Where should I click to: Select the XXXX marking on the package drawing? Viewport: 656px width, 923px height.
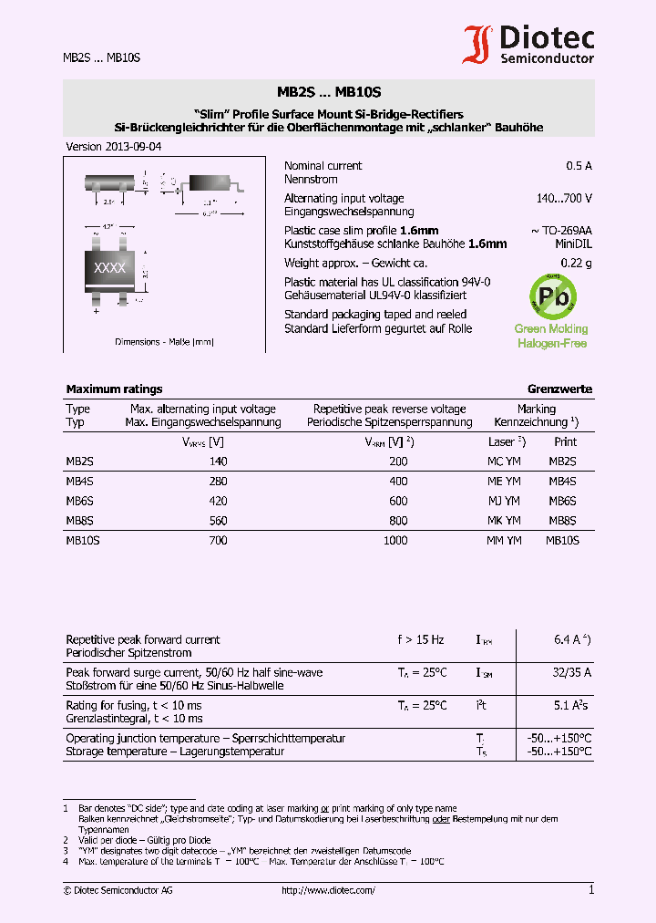[110, 268]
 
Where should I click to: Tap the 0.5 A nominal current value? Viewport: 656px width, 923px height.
[579, 166]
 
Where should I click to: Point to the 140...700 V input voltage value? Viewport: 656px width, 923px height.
[564, 198]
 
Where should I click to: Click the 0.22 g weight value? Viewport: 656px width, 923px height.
[576, 264]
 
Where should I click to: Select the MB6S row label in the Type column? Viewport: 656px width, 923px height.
[79, 501]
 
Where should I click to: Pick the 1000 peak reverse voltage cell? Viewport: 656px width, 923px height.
[395, 540]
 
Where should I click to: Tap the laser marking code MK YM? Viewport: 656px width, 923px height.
[504, 521]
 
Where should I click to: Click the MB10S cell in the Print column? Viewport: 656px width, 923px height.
[562, 540]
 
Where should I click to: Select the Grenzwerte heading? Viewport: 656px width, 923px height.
[559, 389]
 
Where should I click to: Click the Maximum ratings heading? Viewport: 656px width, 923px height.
[114, 389]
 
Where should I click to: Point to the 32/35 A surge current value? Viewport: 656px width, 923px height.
[571, 672]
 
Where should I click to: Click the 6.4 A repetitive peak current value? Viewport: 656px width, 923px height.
[571, 639]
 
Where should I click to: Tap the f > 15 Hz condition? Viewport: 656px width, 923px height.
[421, 639]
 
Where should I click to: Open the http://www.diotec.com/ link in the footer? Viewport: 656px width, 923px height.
[328, 890]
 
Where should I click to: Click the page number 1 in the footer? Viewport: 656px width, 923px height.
[590, 890]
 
